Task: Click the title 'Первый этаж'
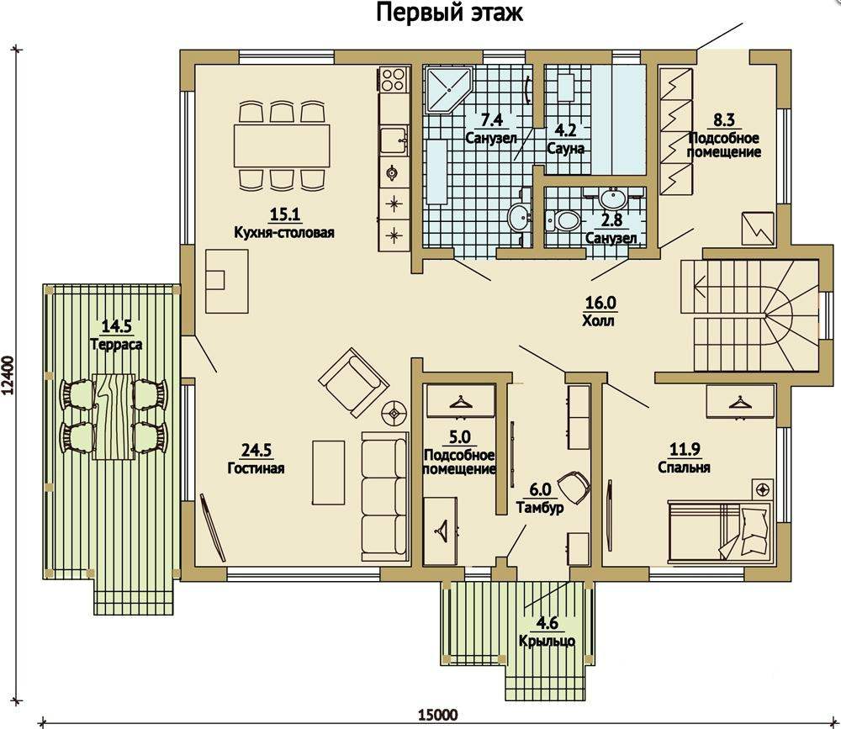click(x=449, y=12)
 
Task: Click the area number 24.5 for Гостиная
click(x=257, y=450)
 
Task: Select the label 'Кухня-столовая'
click(x=284, y=233)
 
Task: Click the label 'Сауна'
click(x=565, y=149)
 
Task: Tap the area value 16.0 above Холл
click(x=600, y=303)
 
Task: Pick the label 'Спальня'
click(x=684, y=468)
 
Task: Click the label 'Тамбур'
click(x=540, y=508)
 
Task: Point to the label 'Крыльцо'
click(x=547, y=641)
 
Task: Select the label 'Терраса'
click(x=116, y=344)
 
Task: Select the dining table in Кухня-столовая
click(x=282, y=145)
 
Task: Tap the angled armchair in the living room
click(x=353, y=382)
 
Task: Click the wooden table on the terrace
click(x=114, y=416)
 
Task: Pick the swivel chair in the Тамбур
click(x=574, y=487)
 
